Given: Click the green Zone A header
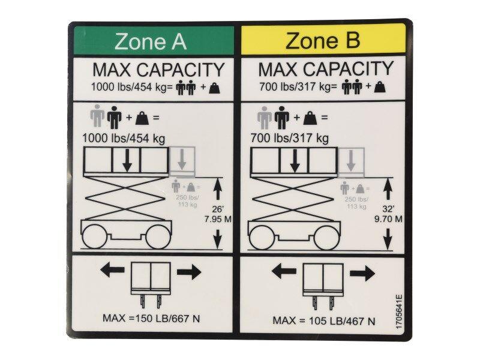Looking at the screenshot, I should click(151, 41).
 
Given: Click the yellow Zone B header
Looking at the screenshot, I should click(323, 41).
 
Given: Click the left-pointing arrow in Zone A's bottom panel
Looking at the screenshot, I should click(111, 272).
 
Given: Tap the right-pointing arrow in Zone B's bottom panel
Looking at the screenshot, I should click(362, 274).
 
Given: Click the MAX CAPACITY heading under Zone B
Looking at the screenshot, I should click(326, 68).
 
